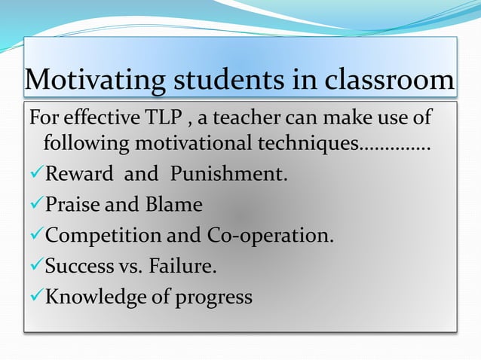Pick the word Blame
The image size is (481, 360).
[x=175, y=205]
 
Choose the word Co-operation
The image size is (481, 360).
[x=269, y=236]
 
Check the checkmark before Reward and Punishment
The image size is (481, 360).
[x=35, y=175]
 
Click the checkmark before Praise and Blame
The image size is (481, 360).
[x=35, y=206]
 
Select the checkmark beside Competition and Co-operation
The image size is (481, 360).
[x=35, y=236]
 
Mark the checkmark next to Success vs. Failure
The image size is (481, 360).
[x=35, y=267]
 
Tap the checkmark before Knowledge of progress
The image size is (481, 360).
[x=35, y=297]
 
